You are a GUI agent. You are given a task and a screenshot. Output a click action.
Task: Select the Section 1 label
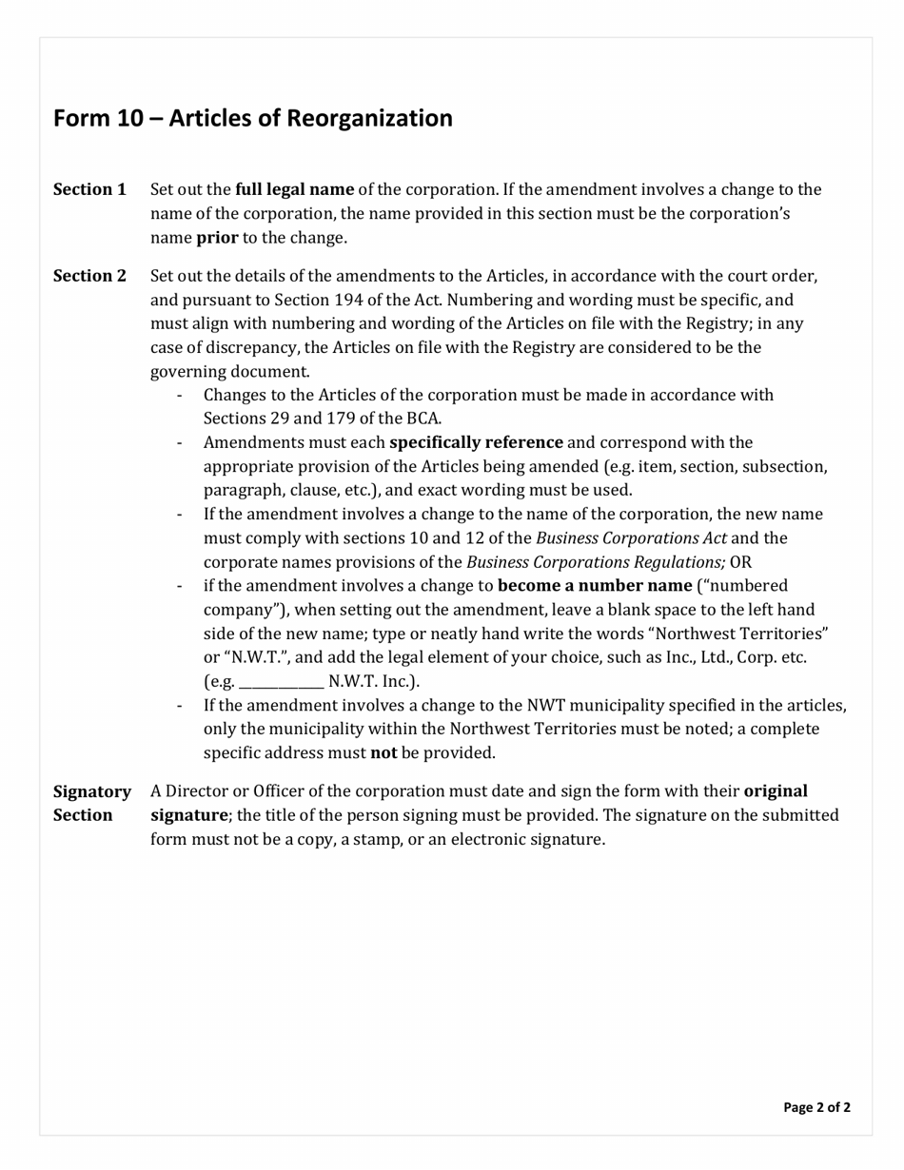click(89, 189)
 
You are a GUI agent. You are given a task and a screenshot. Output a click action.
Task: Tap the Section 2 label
click(89, 276)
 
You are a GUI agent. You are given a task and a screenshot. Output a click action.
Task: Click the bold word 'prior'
click(217, 238)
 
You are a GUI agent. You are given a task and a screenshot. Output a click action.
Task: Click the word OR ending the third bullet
click(740, 562)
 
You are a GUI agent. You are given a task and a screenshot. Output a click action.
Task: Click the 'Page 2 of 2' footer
click(816, 1107)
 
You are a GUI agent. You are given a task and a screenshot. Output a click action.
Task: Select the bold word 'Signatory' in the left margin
click(91, 791)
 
